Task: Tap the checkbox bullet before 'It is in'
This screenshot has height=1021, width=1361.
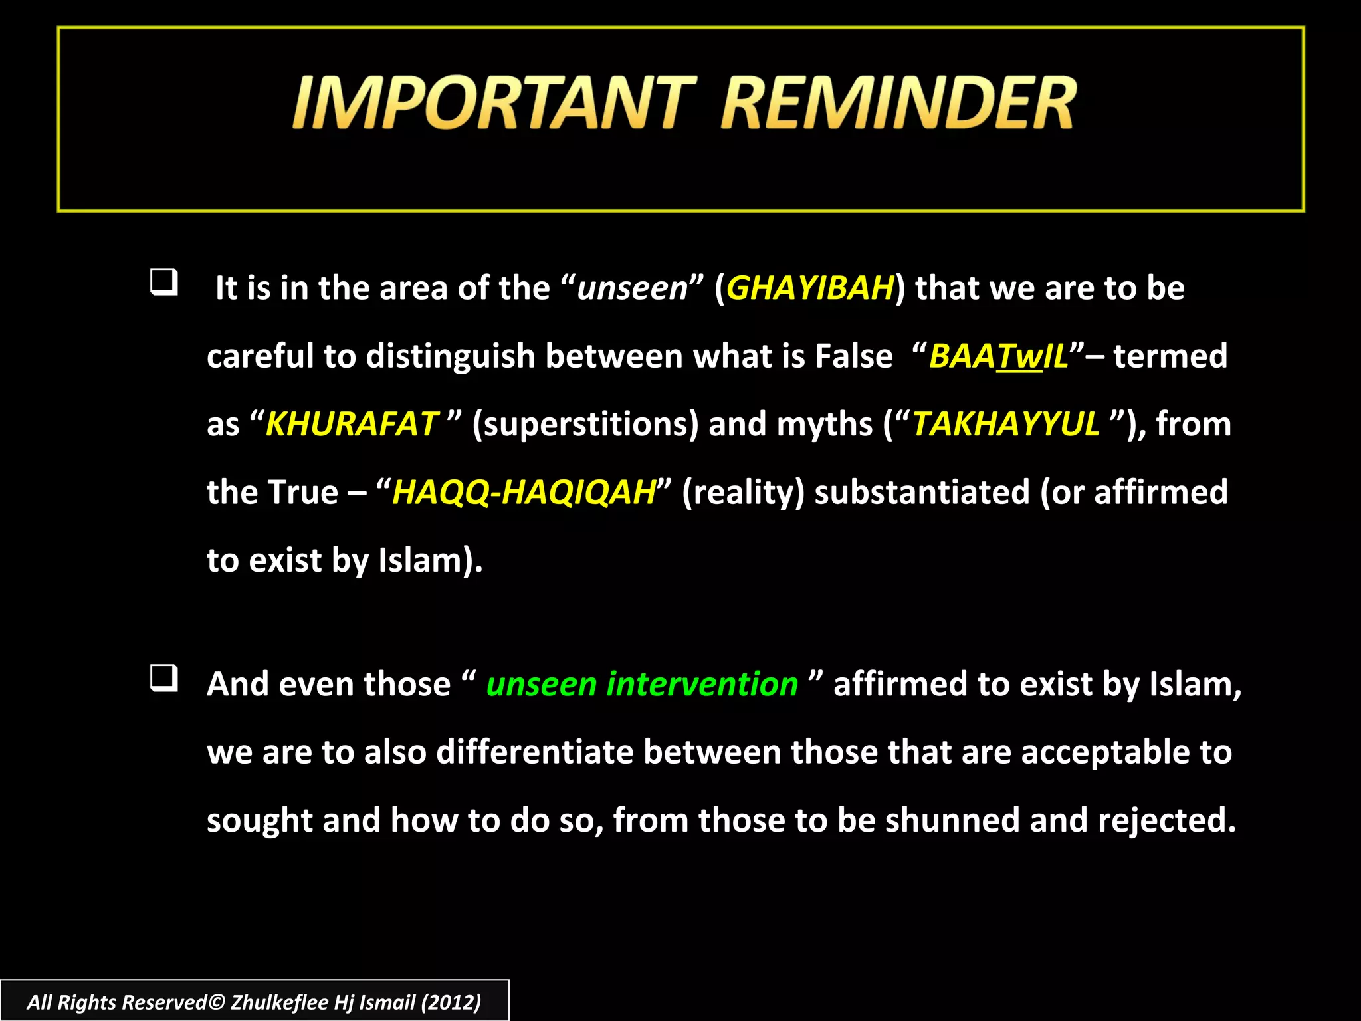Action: tap(163, 282)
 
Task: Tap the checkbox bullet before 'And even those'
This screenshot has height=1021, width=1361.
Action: tap(163, 678)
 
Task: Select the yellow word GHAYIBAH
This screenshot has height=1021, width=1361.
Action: tap(810, 288)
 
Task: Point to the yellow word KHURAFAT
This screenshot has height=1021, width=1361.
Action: tap(352, 424)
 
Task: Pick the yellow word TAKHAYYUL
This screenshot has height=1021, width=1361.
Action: tap(1005, 424)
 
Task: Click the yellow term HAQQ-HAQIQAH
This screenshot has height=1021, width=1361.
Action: tap(524, 493)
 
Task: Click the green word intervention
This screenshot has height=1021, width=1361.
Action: tap(702, 684)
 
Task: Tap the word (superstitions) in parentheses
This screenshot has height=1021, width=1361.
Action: tap(585, 424)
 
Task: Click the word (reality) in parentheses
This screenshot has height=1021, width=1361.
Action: tap(743, 493)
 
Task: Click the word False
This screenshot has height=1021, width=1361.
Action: tap(853, 356)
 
